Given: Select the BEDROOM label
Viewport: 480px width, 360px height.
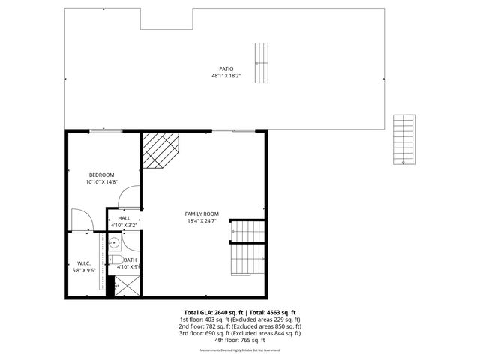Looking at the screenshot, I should click(x=101, y=175).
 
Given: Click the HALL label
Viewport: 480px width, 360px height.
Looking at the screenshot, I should click(x=124, y=218).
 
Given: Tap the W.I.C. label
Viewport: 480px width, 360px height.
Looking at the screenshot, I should click(x=83, y=263).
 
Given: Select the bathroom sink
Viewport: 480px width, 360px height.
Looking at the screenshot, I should click(x=115, y=242).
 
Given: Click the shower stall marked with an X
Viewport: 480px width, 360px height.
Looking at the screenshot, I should click(x=126, y=286).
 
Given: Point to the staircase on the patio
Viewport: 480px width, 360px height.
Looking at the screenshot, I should click(x=261, y=63).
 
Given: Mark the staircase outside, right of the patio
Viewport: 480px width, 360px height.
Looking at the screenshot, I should click(x=403, y=139).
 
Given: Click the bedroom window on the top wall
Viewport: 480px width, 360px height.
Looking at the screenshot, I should click(x=106, y=132).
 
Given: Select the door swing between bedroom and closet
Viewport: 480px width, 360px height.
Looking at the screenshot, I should click(x=81, y=220).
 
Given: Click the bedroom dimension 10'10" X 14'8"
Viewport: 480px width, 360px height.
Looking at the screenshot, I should click(x=102, y=182).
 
